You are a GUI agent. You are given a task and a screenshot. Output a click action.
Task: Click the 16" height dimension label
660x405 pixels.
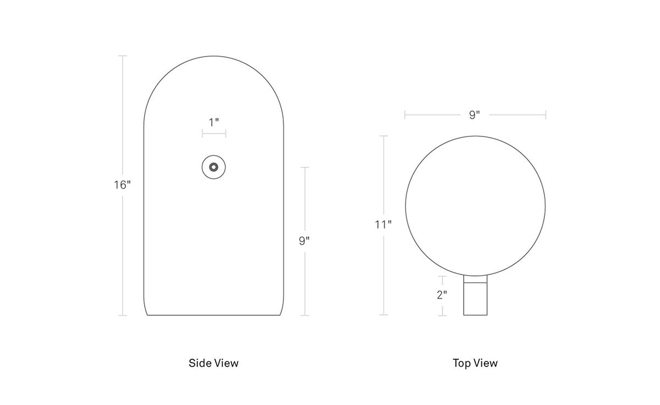point(122,185)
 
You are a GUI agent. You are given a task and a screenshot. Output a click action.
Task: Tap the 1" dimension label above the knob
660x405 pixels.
point(214,122)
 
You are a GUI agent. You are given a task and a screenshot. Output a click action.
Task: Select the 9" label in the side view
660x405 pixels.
point(304,241)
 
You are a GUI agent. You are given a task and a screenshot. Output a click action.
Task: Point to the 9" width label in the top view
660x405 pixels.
point(474,114)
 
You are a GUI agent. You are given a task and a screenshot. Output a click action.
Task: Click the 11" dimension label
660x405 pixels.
point(383,225)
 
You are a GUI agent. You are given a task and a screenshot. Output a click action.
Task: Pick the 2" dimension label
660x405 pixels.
point(442,294)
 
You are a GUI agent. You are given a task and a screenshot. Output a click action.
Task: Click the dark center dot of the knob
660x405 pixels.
point(213,167)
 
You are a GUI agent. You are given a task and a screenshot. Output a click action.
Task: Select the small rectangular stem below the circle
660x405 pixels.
point(475,295)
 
